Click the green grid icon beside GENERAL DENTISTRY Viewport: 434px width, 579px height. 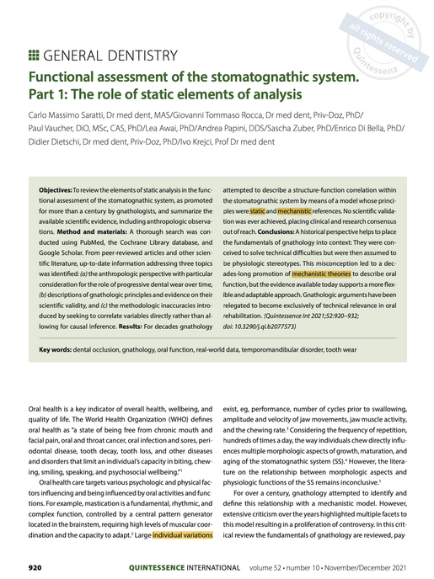(35, 56)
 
